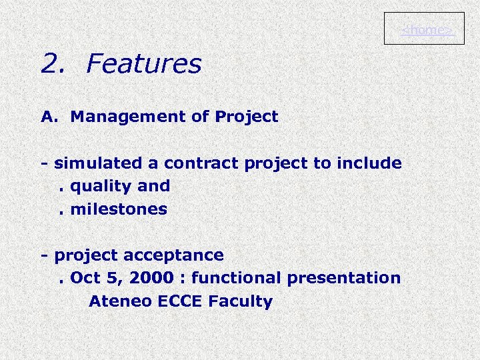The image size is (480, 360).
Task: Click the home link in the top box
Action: point(427,31)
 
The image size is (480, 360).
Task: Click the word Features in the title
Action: point(143,64)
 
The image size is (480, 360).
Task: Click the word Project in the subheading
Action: point(246,117)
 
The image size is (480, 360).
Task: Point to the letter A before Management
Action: point(47,117)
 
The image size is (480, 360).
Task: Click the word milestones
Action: point(119,209)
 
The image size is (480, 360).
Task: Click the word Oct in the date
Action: point(83,278)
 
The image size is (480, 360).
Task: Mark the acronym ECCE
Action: point(181,301)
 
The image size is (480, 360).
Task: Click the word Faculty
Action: point(241,301)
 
